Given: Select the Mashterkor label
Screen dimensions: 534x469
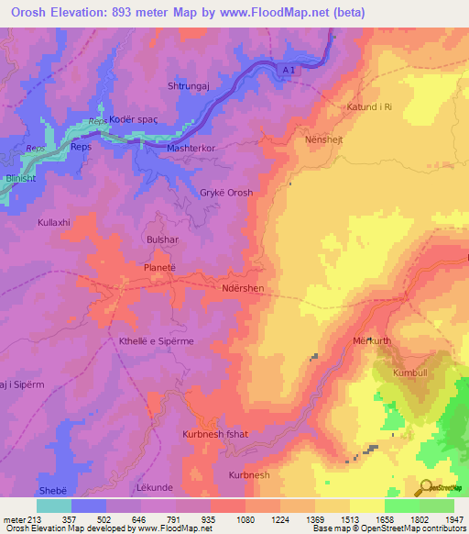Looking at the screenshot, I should [x=191, y=148].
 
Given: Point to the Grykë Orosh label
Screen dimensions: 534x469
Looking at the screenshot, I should [x=226, y=193].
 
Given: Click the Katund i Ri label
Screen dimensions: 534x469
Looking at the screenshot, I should [x=369, y=107].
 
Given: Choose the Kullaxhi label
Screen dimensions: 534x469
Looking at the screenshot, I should [x=54, y=223].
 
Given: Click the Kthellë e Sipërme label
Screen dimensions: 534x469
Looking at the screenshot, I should [x=155, y=340].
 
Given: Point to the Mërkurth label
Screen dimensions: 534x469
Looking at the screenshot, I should [x=372, y=340].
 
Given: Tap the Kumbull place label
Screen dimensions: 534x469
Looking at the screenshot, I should [x=409, y=373].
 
